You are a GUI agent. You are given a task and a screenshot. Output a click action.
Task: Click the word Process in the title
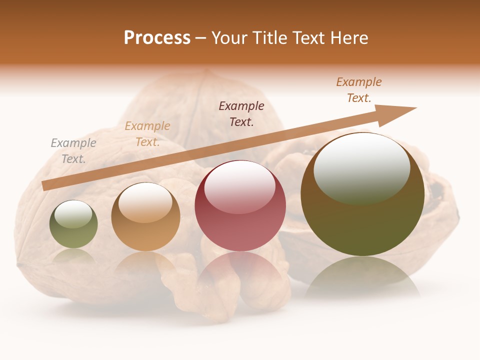[157, 38]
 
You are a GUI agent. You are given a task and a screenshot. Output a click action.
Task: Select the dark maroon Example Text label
[241, 113]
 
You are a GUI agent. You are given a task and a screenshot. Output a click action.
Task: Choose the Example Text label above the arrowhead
[359, 90]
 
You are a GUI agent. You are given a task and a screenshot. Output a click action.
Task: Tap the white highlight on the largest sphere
[361, 167]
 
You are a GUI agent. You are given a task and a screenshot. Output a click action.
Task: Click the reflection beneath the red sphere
[240, 272]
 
